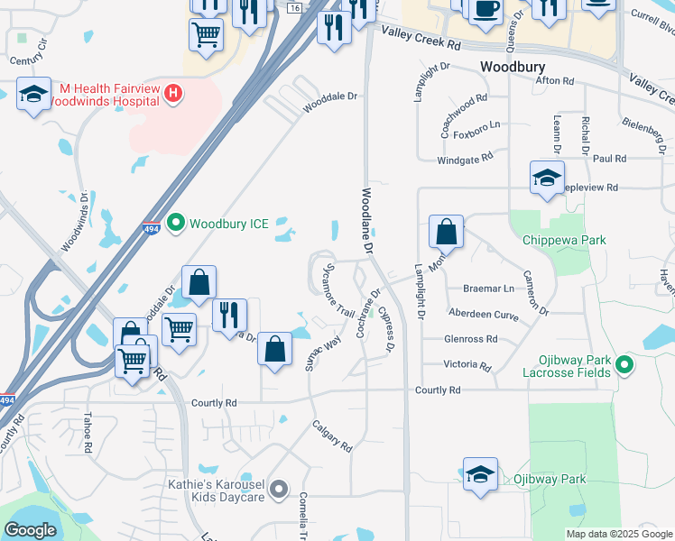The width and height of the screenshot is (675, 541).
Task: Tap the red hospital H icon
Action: (x=174, y=92)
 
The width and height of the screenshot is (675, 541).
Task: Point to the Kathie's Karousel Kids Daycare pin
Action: (x=279, y=491)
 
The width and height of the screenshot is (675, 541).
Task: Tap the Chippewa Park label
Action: (x=564, y=240)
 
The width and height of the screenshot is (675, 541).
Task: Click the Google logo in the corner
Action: (x=30, y=530)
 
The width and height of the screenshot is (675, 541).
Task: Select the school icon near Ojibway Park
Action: (x=480, y=474)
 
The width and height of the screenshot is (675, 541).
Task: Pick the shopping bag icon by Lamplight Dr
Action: (x=447, y=233)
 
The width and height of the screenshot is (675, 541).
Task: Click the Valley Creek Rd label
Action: (x=421, y=38)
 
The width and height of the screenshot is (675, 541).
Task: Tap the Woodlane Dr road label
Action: (x=366, y=219)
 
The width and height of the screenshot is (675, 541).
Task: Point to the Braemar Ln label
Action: (x=487, y=289)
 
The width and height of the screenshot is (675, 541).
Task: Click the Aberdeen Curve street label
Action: (x=484, y=314)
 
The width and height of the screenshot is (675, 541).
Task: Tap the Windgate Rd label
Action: (x=466, y=157)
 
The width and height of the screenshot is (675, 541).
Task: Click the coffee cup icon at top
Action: (x=485, y=9)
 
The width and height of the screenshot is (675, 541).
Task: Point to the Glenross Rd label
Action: (x=471, y=339)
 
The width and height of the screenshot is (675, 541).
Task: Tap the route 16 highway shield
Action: (x=295, y=7)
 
